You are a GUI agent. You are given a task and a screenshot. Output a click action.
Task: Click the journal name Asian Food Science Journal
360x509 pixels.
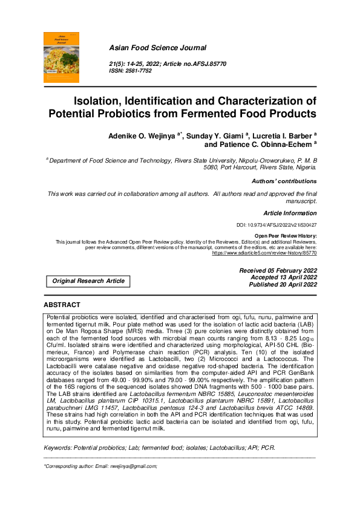click(157, 48)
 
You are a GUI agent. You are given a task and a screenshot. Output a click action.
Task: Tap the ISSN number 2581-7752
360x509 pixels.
click(139, 71)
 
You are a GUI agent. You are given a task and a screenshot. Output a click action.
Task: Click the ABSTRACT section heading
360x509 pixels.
click(62, 305)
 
